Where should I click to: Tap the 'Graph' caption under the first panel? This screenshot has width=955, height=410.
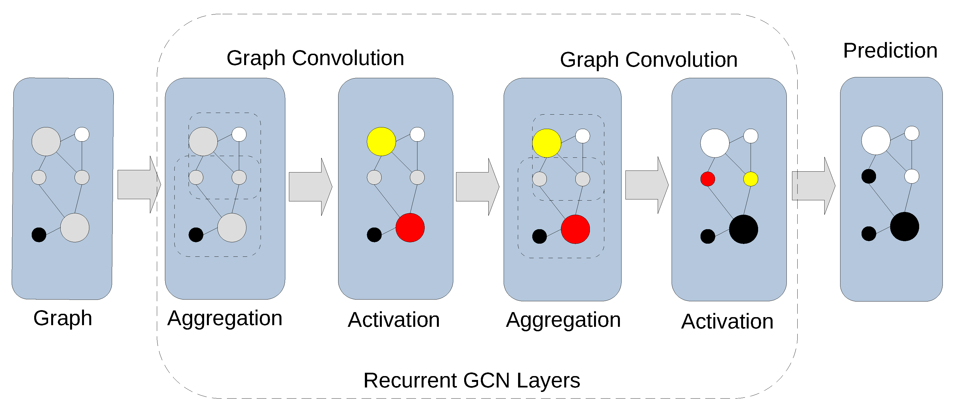click(63, 318)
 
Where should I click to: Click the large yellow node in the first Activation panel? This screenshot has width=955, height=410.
click(381, 141)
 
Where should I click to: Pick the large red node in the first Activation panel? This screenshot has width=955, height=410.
click(410, 228)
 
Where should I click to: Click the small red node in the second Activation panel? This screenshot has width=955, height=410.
click(707, 179)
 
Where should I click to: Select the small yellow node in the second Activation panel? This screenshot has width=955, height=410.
click(751, 179)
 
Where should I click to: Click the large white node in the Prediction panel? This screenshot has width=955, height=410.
click(876, 140)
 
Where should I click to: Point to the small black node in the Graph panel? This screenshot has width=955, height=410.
click(39, 235)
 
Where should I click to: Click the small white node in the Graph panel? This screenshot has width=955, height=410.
click(82, 134)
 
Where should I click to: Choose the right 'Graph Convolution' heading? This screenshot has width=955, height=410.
click(649, 60)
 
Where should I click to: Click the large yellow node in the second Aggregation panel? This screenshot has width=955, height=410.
click(546, 143)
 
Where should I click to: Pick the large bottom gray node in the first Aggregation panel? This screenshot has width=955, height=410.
click(232, 228)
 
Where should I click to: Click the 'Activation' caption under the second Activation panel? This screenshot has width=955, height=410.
click(727, 321)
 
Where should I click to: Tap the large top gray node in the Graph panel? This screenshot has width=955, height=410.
click(46, 141)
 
